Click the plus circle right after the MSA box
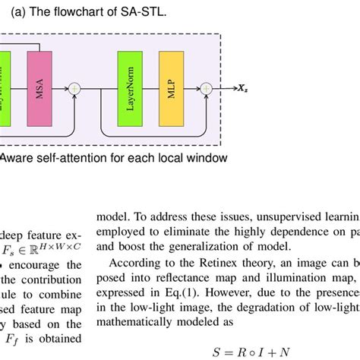tap(74, 89)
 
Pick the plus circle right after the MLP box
tap(205, 89)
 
